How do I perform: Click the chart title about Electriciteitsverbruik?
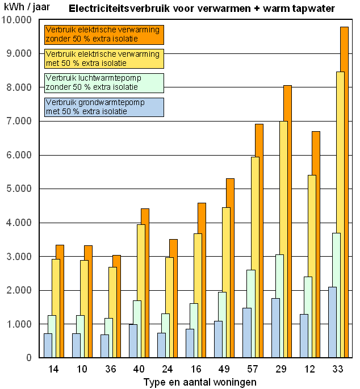202,9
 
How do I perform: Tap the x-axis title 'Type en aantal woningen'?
195,382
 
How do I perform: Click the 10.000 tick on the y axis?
18,20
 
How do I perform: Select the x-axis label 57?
252,369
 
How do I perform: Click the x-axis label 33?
337,369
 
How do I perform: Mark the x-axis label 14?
53,369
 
